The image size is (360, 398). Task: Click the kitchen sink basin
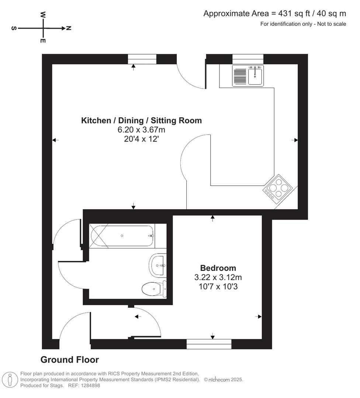(x=255, y=76)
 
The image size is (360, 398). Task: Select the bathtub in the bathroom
(x=122, y=235)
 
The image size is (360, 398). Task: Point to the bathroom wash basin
(x=158, y=265)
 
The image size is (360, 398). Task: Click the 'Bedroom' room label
(x=218, y=268)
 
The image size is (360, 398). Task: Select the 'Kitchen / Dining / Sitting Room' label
(x=141, y=121)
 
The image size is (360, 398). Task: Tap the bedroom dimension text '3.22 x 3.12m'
(x=218, y=277)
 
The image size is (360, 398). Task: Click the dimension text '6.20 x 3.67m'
(x=141, y=130)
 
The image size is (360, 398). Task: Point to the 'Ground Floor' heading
(x=69, y=359)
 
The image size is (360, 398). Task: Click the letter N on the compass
(x=69, y=28)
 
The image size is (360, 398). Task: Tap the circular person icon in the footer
(x=10, y=379)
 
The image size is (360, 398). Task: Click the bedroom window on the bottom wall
(x=209, y=344)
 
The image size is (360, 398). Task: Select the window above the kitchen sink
(x=248, y=59)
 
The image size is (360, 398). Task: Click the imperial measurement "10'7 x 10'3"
(x=218, y=286)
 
